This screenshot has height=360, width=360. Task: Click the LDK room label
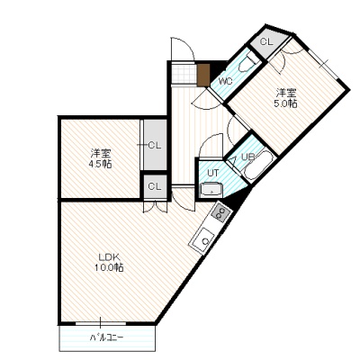[110, 257]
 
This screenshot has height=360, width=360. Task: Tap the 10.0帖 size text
[109, 267]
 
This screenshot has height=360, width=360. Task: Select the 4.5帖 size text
[100, 164]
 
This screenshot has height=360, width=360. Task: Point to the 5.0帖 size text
[285, 103]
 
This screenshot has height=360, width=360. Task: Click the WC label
[225, 81]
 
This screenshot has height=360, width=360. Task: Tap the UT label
[213, 173]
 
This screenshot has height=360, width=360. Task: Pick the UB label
[248, 157]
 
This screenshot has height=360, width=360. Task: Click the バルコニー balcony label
[107, 337]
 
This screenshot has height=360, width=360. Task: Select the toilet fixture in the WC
[247, 63]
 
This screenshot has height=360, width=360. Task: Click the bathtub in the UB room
[258, 166]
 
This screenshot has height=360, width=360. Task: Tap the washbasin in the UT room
[211, 190]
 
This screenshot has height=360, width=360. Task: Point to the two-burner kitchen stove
[220, 213]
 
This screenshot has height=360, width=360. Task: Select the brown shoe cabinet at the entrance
[202, 74]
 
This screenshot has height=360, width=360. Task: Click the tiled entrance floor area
[184, 73]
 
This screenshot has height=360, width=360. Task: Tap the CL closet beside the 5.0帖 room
[268, 42]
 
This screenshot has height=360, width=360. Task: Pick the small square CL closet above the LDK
[155, 186]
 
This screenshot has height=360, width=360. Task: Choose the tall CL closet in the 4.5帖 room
[155, 145]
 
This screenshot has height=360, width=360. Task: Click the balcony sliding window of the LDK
[101, 323]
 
